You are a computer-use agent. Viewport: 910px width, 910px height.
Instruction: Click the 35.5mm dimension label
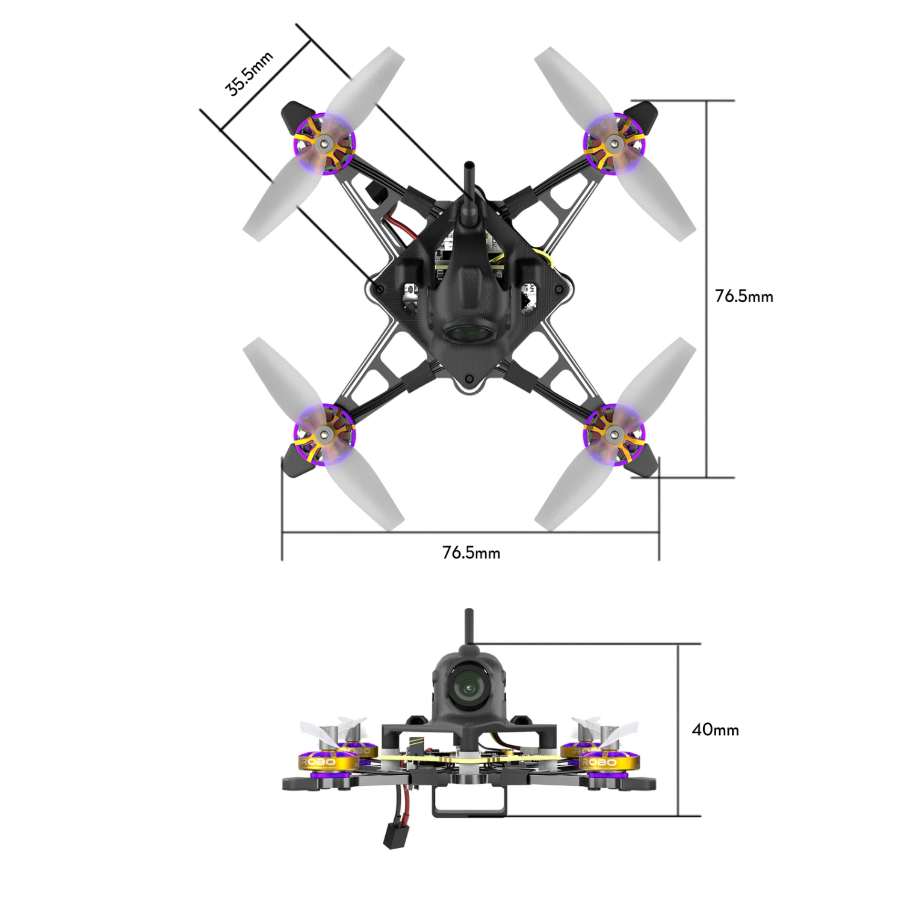pyautogui.click(x=249, y=74)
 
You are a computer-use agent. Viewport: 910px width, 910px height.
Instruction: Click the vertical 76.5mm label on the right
pyautogui.click(x=744, y=296)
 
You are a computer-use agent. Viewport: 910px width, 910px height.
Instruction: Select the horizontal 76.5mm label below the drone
pyautogui.click(x=471, y=552)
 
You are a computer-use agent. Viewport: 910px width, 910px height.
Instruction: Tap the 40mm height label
pyautogui.click(x=715, y=729)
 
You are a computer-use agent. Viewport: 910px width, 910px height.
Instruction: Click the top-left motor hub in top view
pyautogui.click(x=325, y=143)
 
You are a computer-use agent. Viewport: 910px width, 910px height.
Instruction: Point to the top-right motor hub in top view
pyautogui.click(x=614, y=143)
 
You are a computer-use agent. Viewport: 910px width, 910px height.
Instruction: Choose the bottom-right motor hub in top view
pyautogui.click(x=614, y=433)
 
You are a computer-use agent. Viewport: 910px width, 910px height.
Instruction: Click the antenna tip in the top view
pyautogui.click(x=468, y=166)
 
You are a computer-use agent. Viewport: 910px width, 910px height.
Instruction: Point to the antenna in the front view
pyautogui.click(x=468, y=626)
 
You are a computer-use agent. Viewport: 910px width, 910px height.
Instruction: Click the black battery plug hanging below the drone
pyautogui.click(x=394, y=837)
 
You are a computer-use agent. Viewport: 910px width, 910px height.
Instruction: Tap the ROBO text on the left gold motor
pyautogui.click(x=318, y=763)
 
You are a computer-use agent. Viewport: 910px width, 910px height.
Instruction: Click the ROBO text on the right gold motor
pyautogui.click(x=599, y=763)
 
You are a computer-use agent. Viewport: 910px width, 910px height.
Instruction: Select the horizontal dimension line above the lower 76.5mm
pyautogui.click(x=471, y=533)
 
